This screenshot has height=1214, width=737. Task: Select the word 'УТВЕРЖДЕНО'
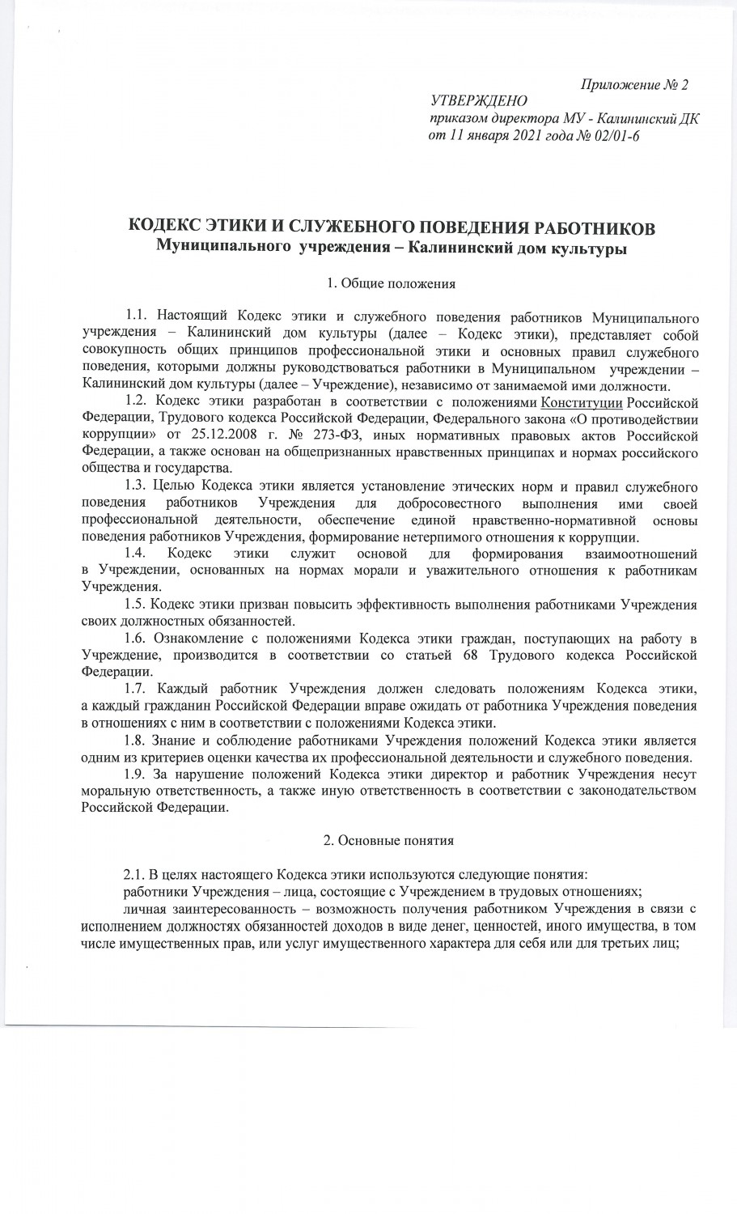pyautogui.click(x=480, y=102)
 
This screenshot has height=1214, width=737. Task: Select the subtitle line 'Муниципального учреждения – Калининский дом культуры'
pyautogui.click(x=392, y=247)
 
